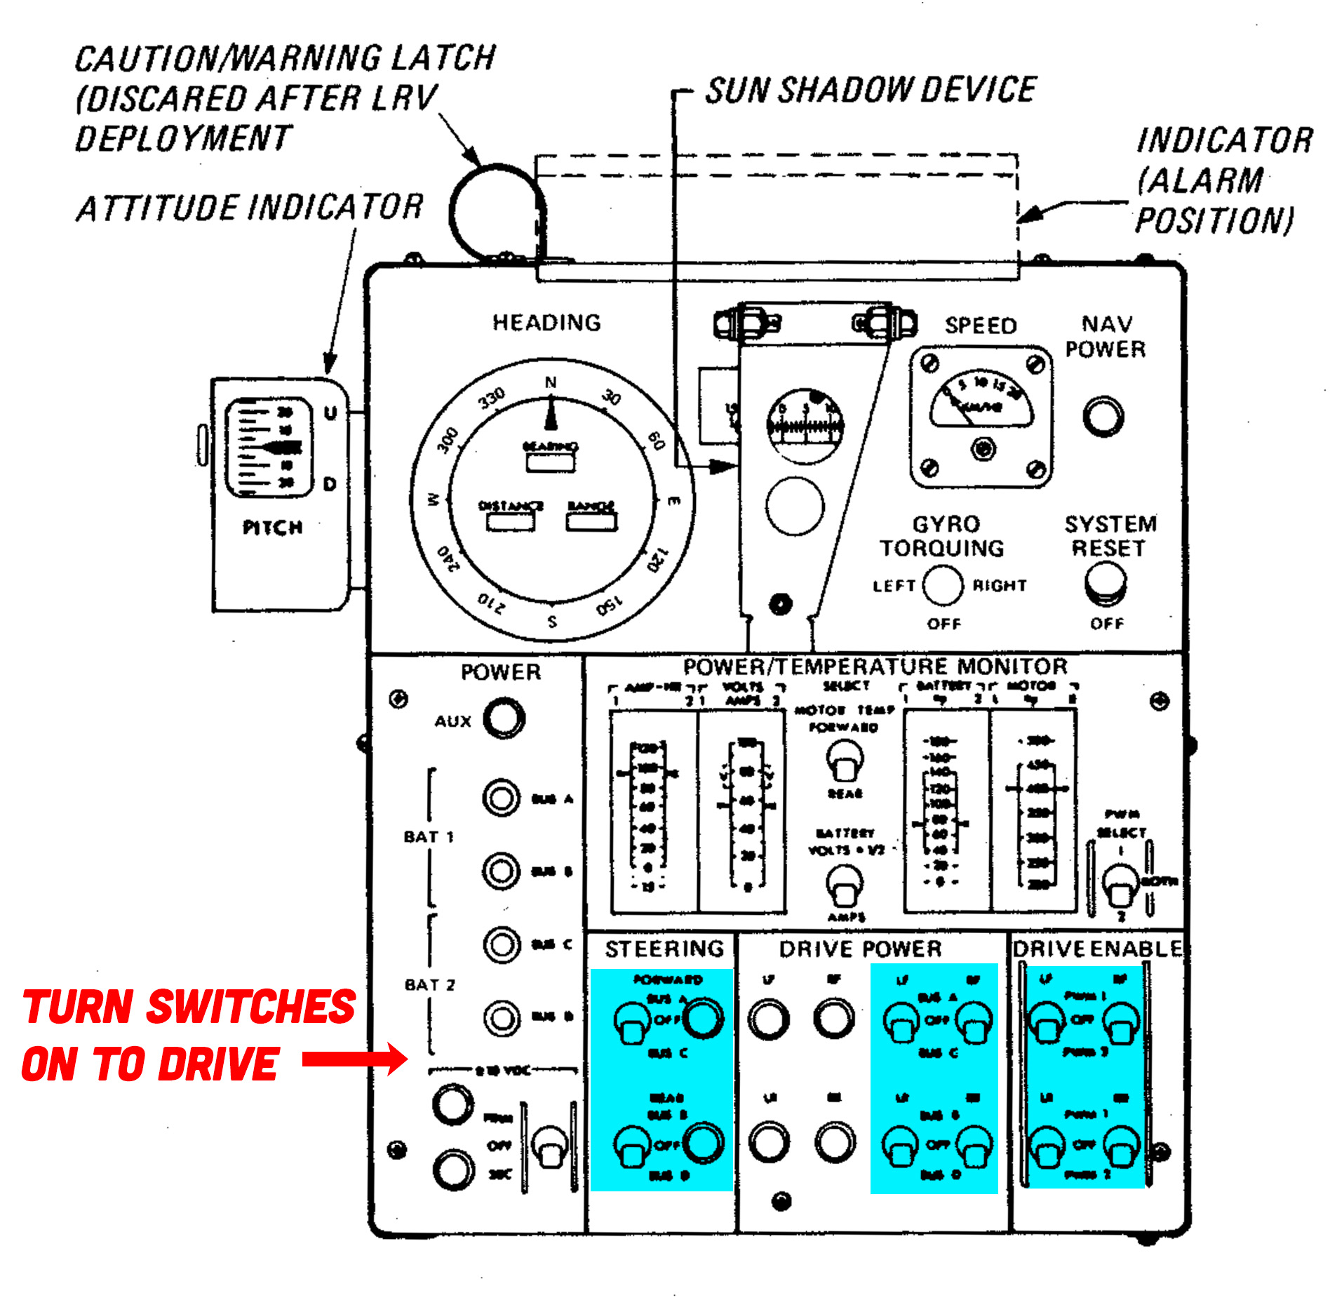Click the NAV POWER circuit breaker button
1103,416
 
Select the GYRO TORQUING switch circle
942,585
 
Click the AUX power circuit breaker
504,718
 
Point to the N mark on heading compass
551,382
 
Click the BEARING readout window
551,462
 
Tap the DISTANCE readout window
510,521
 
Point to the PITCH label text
273,528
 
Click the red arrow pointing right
354,1059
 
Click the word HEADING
546,323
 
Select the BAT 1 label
429,836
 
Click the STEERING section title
664,949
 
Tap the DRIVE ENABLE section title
1097,949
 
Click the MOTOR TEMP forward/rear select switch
845,761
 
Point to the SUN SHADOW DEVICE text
871,91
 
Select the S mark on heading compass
552,621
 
